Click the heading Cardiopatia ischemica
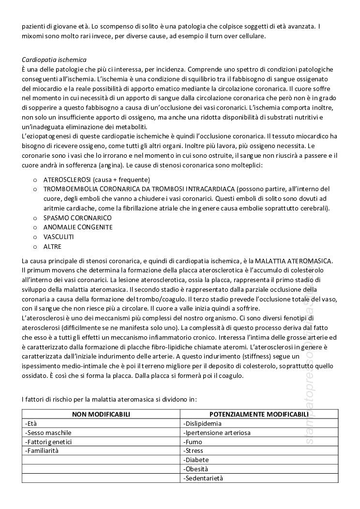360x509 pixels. (54, 60)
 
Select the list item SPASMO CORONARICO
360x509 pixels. (77, 218)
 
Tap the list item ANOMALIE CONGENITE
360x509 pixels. (78, 227)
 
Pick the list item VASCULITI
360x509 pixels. (59, 237)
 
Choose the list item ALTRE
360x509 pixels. (52, 246)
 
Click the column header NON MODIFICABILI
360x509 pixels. (101, 414)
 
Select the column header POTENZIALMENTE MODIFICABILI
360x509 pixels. (259, 414)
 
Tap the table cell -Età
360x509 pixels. (31, 423)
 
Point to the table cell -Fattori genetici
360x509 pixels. (48, 442)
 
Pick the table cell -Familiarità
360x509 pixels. (41, 450)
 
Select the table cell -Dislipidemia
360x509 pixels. (202, 423)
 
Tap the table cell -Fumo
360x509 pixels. (193, 442)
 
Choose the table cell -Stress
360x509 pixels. (193, 450)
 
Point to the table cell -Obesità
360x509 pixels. (195, 469)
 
